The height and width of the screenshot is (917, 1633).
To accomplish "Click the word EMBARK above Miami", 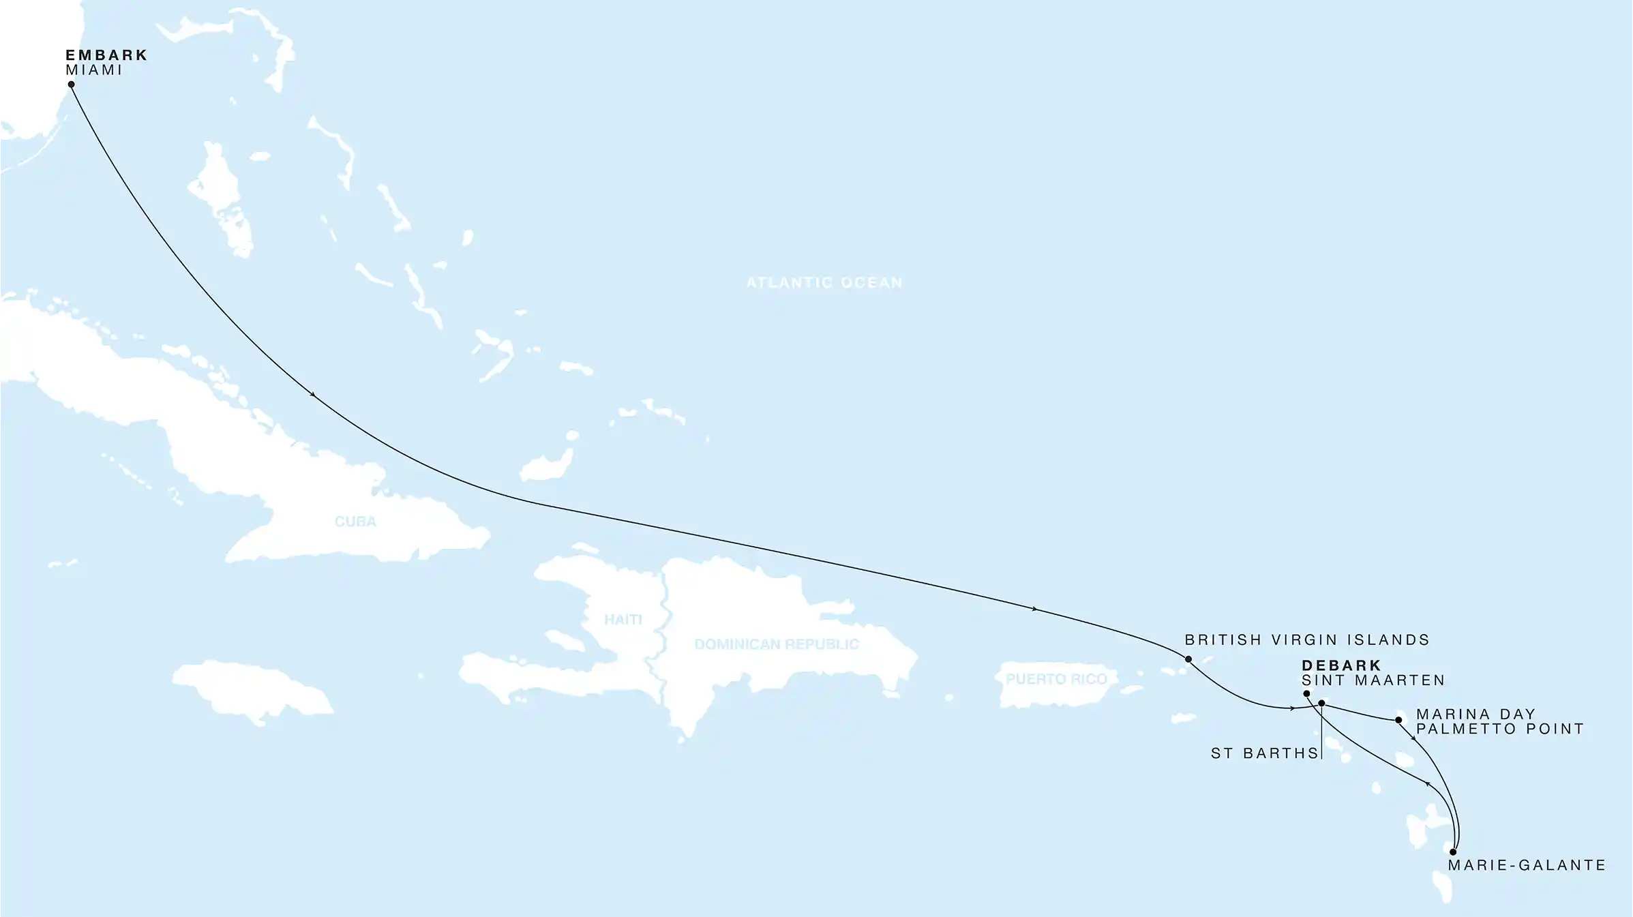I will click(106, 55).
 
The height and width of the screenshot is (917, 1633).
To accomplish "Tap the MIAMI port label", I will click(93, 70).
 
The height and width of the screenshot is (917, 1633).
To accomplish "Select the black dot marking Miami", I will click(71, 85).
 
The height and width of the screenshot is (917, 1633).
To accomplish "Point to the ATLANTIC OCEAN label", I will click(824, 282).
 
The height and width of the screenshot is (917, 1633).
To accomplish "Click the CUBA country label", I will click(355, 522).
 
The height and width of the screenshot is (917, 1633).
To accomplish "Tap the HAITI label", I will click(623, 620).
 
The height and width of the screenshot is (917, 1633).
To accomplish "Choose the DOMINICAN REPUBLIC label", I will click(777, 644).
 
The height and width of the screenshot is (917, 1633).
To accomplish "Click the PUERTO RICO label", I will click(1056, 679).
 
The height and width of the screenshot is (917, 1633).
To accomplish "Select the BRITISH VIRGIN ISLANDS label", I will click(1307, 640).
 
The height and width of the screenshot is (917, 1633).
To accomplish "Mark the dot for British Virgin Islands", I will click(1188, 659).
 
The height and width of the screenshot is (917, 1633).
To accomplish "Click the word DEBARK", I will click(1341, 665).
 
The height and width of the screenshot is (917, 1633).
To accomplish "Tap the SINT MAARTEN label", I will click(1373, 680).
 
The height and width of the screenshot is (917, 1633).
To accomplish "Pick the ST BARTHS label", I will click(1264, 753).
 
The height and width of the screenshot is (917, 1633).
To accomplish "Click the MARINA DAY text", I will click(1475, 714).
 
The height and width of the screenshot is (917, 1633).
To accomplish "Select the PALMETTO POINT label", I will click(1499, 729).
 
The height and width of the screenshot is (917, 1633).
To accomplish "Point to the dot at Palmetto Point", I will click(1398, 720).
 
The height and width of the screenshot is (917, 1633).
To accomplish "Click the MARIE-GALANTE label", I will click(1527, 865).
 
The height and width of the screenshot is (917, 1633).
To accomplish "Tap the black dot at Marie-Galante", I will click(1453, 852).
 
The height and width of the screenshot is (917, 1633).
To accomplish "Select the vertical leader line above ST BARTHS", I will click(1321, 733).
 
